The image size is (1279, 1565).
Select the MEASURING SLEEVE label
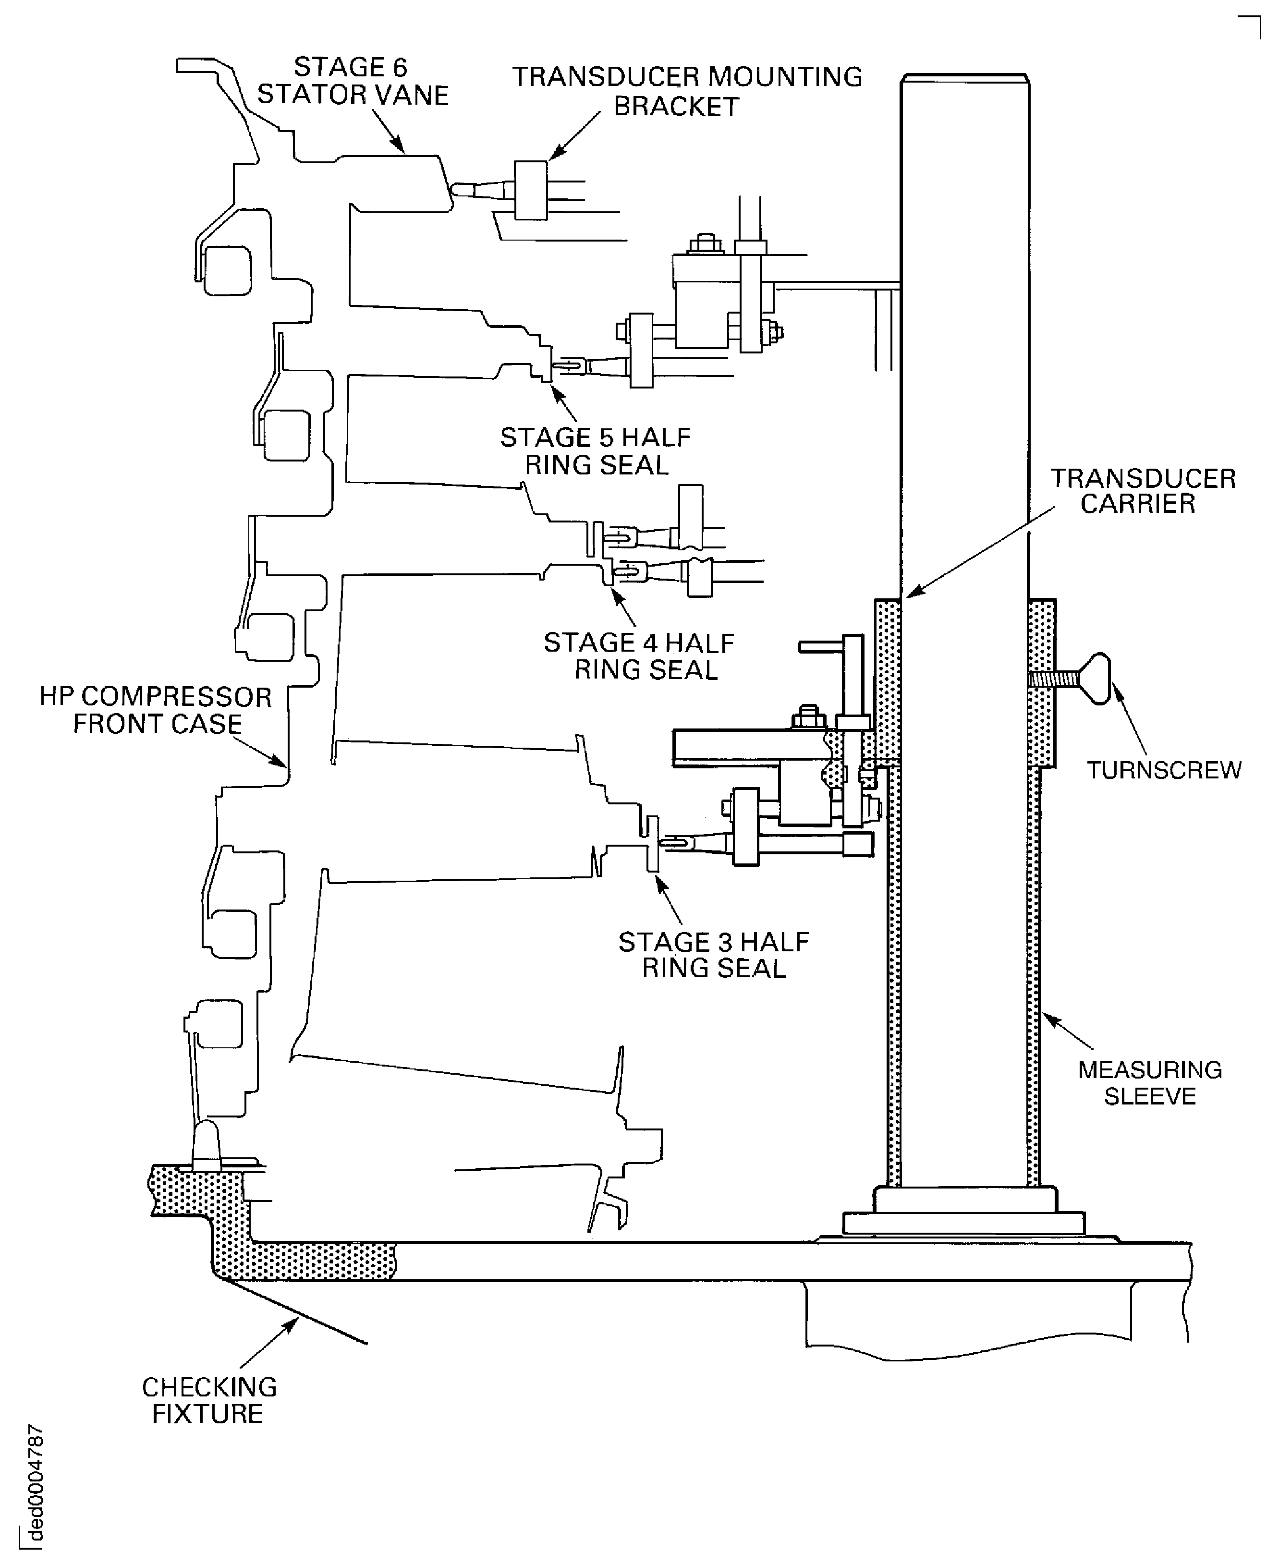click(x=1149, y=1082)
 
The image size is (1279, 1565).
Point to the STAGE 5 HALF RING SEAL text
click(x=595, y=451)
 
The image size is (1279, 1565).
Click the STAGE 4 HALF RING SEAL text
click(x=639, y=656)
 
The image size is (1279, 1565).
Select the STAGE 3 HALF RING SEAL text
click(x=713, y=955)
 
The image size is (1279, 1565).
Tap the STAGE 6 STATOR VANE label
click(x=352, y=81)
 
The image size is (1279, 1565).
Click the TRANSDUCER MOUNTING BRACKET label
click(x=687, y=91)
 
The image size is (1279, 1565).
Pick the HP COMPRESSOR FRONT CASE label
click(x=156, y=710)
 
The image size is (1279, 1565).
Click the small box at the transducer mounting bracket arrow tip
click(x=530, y=190)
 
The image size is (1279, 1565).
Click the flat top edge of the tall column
click(x=964, y=76)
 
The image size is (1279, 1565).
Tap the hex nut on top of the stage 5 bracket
click(x=706, y=244)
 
